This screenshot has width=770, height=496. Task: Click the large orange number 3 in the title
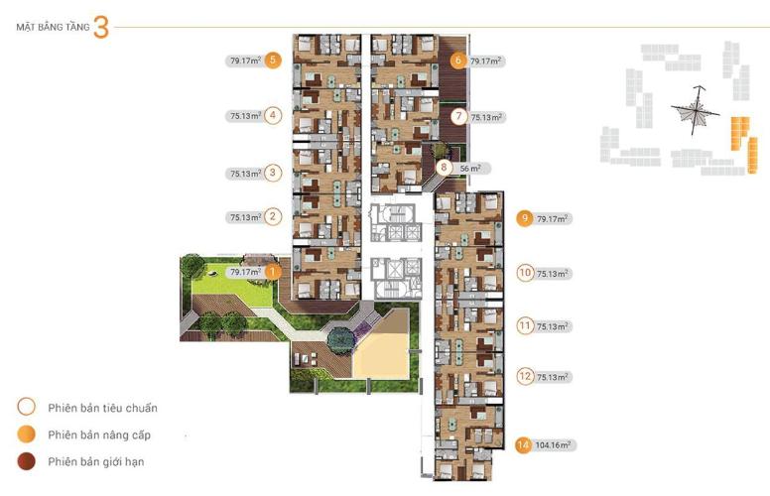point(100,28)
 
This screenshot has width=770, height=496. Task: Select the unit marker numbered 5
point(274,61)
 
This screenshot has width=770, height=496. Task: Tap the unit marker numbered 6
point(457,61)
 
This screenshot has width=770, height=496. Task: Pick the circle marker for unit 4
point(274,115)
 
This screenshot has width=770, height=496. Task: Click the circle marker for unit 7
point(457,116)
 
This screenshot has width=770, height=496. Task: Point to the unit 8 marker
point(445,168)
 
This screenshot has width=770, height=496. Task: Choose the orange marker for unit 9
point(525,219)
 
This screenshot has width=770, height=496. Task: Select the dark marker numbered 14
point(522,444)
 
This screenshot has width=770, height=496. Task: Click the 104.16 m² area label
point(555,444)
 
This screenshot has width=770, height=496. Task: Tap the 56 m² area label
point(469,169)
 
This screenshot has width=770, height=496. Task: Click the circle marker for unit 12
point(525,376)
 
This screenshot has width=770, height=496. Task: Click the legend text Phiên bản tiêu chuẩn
point(103,408)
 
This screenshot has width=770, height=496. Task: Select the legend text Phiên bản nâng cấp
point(98,434)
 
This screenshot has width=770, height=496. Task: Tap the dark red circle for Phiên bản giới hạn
point(26,461)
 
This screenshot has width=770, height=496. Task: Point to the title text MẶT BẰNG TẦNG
point(53,29)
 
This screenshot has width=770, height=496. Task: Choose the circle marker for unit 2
point(274,216)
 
